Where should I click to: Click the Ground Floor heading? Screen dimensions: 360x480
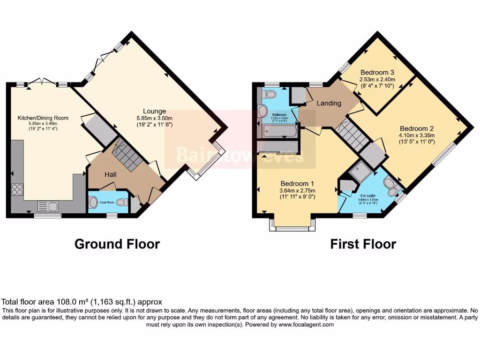click(117, 244)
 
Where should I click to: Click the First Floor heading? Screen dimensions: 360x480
click(363, 244)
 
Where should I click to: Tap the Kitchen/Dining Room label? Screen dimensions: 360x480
click(43, 118)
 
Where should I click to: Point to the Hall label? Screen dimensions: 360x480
click(111, 174)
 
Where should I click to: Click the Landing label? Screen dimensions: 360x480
click(329, 103)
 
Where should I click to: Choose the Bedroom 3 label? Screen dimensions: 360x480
click(377, 73)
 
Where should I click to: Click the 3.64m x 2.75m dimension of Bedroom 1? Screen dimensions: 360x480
click(298, 191)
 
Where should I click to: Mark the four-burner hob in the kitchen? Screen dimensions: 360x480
click(17, 189)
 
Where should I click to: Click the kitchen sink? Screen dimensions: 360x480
click(48, 206)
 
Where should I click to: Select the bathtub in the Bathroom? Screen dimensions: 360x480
click(280, 131)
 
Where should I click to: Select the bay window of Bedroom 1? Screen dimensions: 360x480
click(292, 225)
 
